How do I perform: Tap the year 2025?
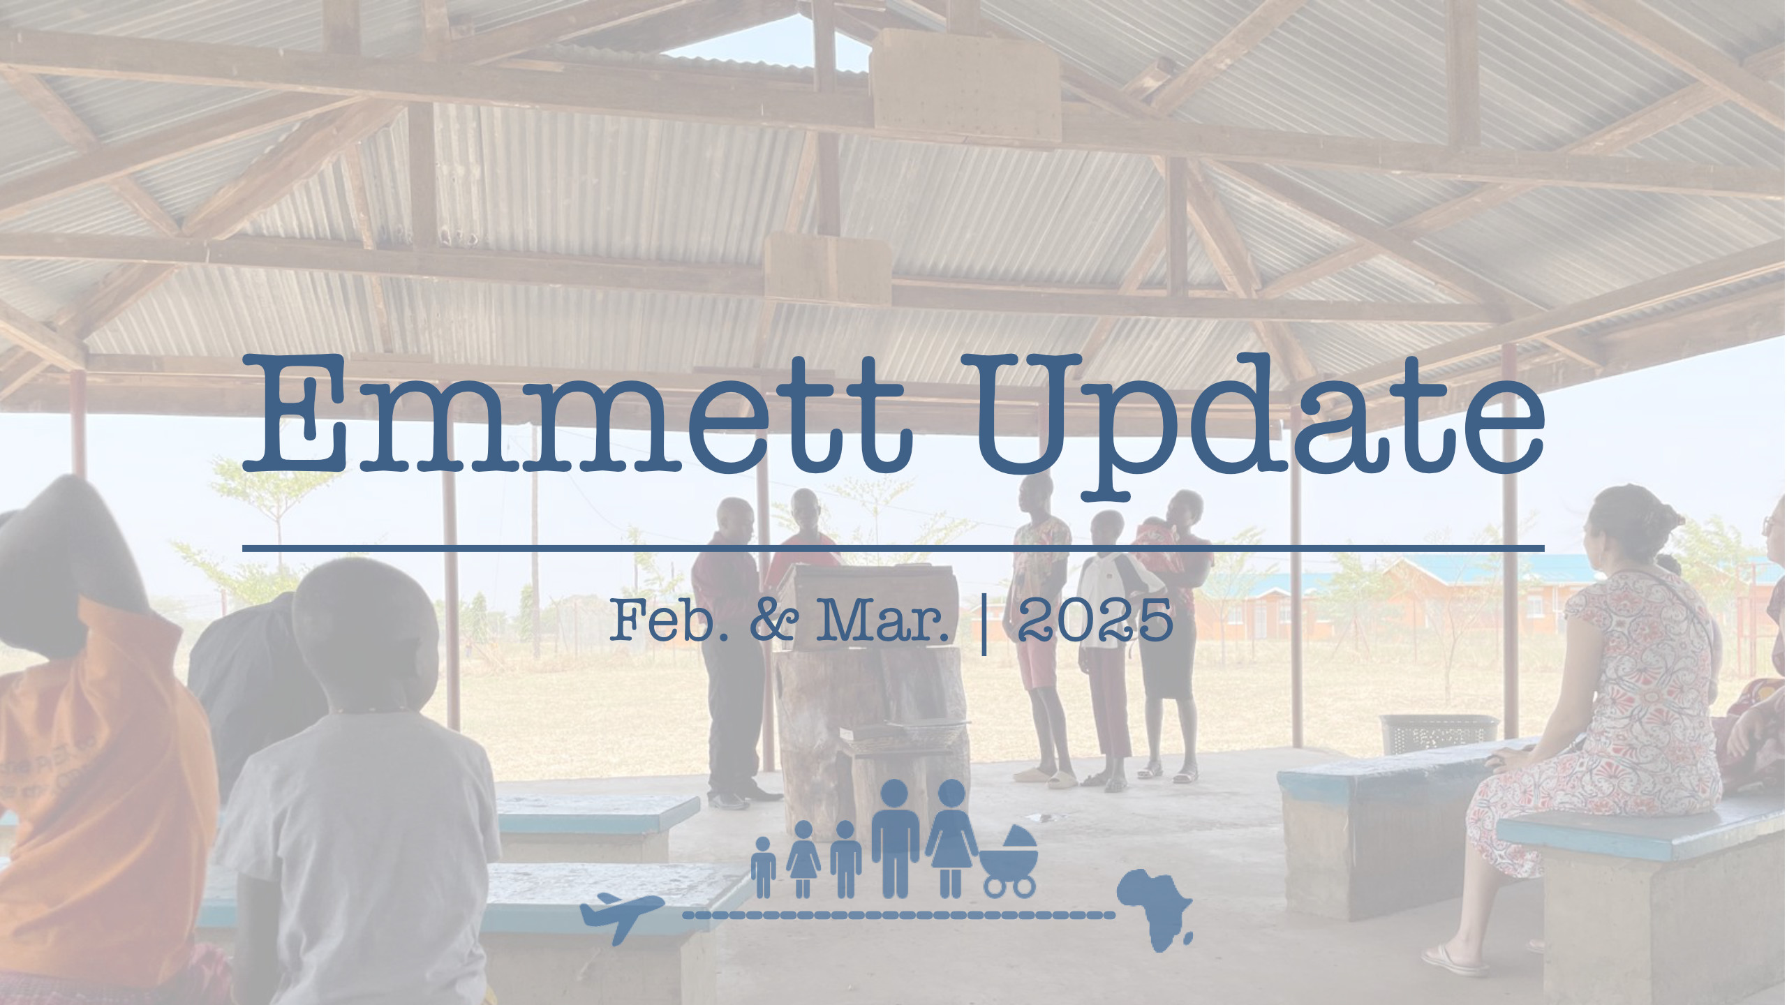pos(1095,620)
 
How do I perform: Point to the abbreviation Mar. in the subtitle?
pos(884,620)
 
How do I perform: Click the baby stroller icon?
pos(1009,861)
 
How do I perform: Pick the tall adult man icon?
pos(895,837)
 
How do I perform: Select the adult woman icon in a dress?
pos(951,837)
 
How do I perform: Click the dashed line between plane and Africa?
pos(898,914)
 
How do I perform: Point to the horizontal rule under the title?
pos(893,549)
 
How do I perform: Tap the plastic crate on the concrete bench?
pos(1438,734)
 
